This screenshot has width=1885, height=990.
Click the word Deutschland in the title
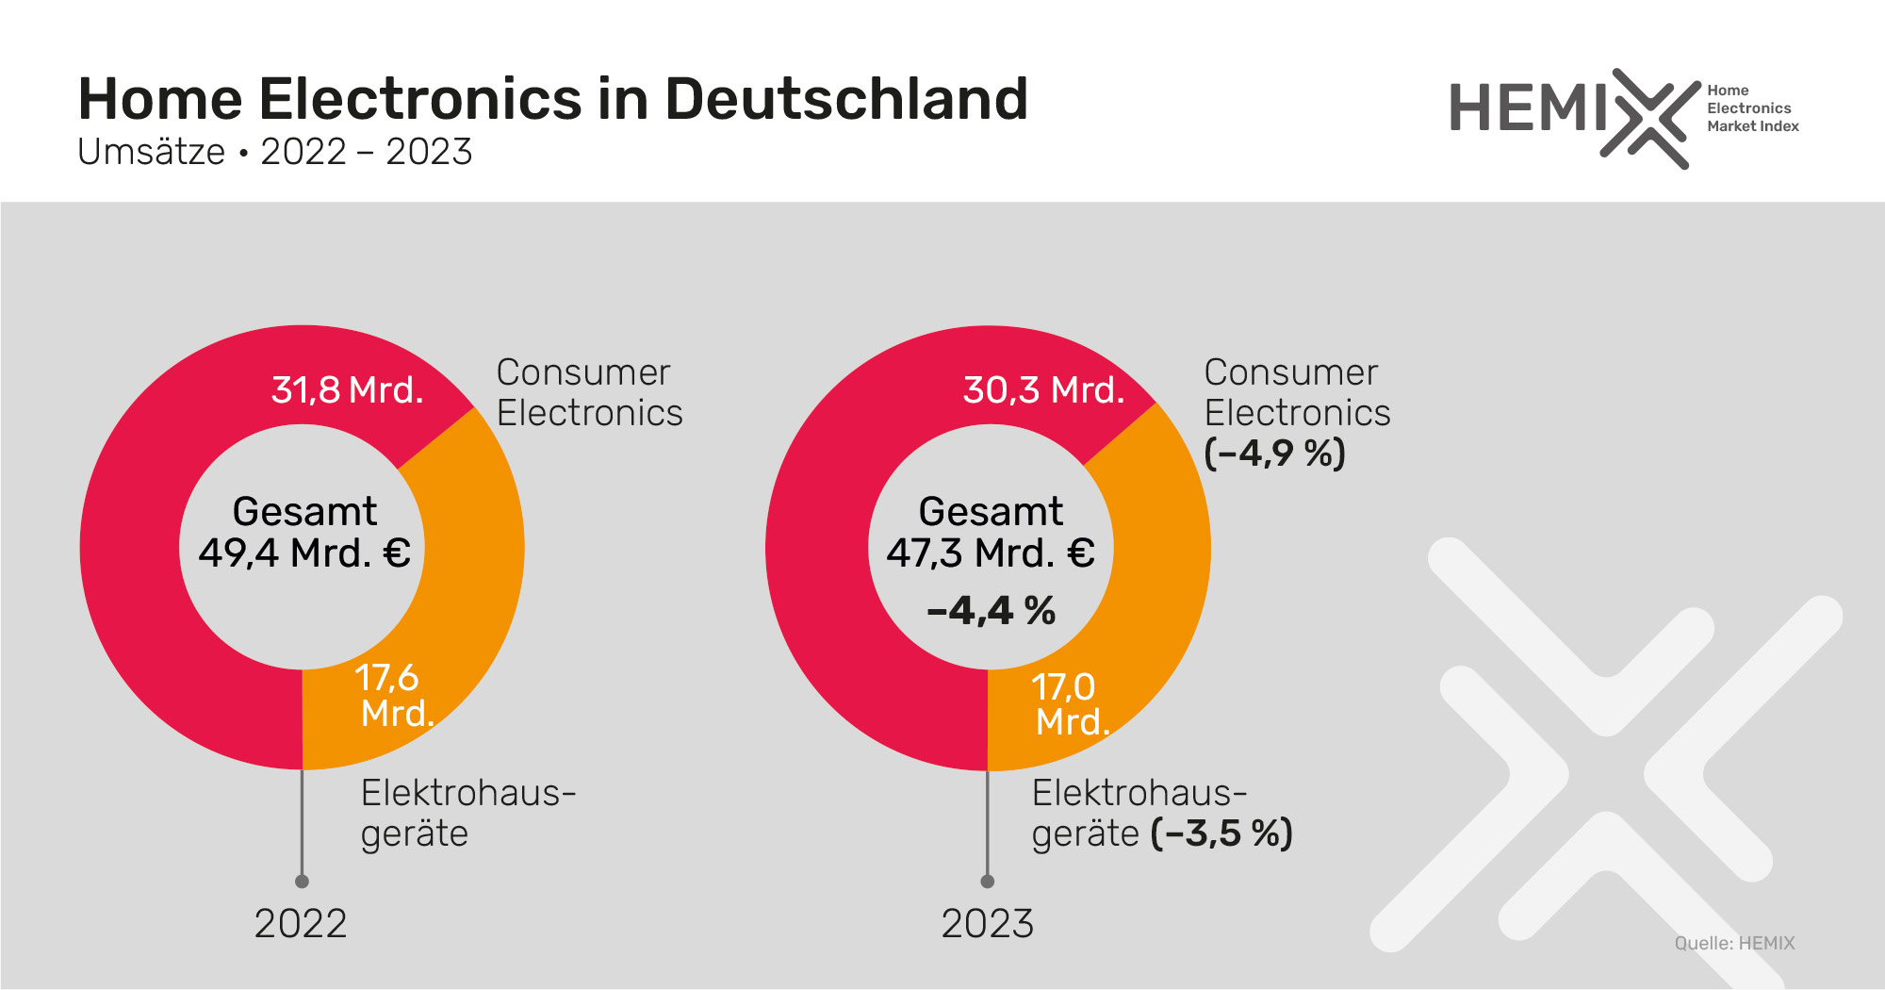tap(845, 99)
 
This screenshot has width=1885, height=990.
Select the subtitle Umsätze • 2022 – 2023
tap(274, 152)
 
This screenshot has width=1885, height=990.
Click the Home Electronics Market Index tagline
tap(1751, 108)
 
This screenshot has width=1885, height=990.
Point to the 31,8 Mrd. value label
tap(347, 389)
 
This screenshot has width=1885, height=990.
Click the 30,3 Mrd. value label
tap(1043, 389)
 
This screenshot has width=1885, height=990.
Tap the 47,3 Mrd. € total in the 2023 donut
tap(990, 553)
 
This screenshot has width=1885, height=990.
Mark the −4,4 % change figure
tap(991, 611)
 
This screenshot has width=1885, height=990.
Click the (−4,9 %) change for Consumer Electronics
tap(1274, 454)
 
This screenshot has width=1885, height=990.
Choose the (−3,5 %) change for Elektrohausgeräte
tap(1221, 833)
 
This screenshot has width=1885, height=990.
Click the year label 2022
tap(301, 923)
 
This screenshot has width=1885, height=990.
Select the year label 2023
tap(987, 923)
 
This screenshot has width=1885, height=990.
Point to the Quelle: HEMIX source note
tap(1734, 943)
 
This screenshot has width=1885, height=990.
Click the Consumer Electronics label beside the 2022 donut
tap(589, 392)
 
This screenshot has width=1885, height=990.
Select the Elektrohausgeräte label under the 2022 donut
tap(467, 813)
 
